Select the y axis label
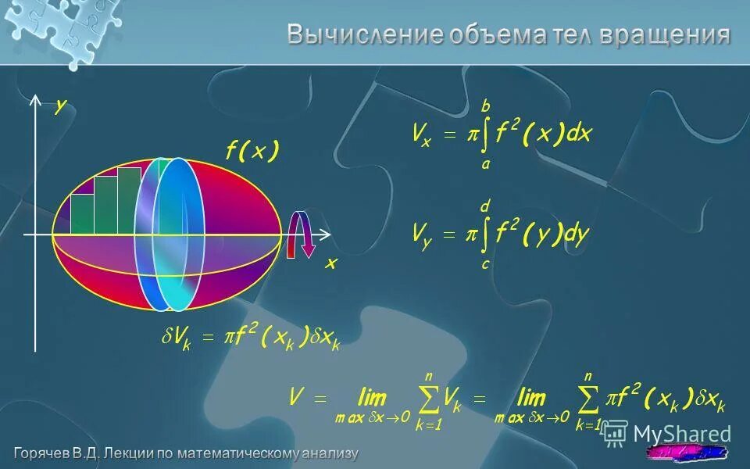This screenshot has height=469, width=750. point(60,108)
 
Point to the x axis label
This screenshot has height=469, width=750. point(330,264)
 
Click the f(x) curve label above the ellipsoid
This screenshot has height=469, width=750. point(252,152)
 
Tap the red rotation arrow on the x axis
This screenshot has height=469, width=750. point(300,234)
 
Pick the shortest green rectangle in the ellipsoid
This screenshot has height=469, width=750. point(82,213)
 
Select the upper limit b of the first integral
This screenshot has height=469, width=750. point(485,106)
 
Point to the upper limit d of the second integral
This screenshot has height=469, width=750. point(485,206)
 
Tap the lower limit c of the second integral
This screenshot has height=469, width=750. point(485,264)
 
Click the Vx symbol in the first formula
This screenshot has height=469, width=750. point(422,134)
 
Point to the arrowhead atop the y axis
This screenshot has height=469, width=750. point(36,100)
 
